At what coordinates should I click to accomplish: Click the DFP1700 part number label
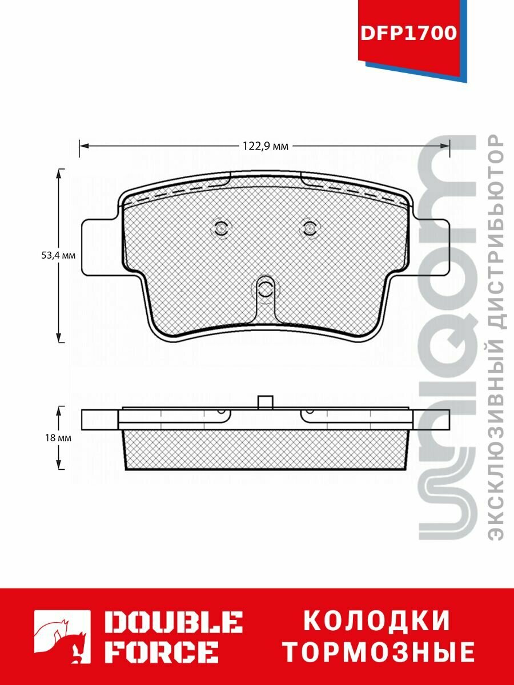(x=408, y=33)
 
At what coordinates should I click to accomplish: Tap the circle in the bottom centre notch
(x=264, y=288)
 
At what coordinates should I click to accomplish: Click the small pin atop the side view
(x=264, y=402)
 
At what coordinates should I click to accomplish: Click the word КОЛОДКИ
(x=377, y=621)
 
